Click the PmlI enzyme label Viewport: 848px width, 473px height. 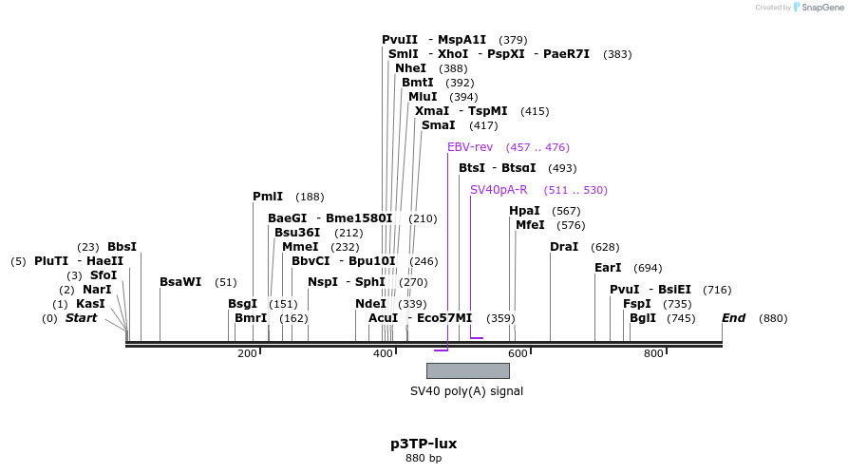[x=268, y=197]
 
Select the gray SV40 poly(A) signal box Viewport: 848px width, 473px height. [x=467, y=370]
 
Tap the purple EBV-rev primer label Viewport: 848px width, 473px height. [x=470, y=147]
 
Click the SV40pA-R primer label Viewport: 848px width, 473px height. [x=499, y=190]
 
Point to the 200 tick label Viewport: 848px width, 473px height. [x=247, y=354]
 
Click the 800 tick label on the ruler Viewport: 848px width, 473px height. [x=653, y=354]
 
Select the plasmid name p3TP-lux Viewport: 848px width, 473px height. [x=424, y=444]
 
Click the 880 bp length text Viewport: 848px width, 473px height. [x=424, y=459]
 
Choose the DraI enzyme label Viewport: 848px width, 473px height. [x=564, y=247]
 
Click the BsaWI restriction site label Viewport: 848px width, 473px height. [x=180, y=282]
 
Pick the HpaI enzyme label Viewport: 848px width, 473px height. [x=524, y=211]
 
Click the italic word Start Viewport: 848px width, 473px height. [x=81, y=318]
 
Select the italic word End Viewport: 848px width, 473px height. [x=733, y=318]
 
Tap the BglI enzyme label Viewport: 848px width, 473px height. [x=643, y=318]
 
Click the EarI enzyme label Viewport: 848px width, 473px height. [x=608, y=268]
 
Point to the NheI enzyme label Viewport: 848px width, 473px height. [x=410, y=68]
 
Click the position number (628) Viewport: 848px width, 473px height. [x=605, y=247]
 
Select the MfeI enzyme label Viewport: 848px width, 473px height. [x=530, y=225]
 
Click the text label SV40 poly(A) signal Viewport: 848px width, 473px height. [x=466, y=391]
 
